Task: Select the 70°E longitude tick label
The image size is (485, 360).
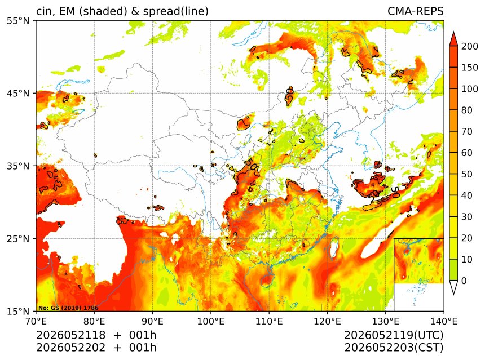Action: coord(36,321)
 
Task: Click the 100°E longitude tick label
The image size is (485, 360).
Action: coord(211,321)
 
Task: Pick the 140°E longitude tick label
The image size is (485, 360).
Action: coord(444,321)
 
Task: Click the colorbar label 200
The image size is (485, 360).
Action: coord(470,46)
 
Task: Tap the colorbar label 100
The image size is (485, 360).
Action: coord(470,89)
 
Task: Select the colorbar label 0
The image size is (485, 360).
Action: coord(464,281)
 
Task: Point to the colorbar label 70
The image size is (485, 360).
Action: coord(467,132)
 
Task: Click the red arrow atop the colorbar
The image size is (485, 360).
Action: coord(453,39)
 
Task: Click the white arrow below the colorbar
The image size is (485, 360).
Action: coord(453,288)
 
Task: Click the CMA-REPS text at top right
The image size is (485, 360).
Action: coord(416,11)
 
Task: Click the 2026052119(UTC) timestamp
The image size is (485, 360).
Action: coord(394,335)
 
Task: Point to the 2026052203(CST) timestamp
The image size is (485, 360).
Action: coord(394,348)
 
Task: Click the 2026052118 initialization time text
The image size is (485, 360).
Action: coord(71,335)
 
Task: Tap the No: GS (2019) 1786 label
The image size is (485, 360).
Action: coord(68,308)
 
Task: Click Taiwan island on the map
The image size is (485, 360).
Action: coord(334,247)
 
